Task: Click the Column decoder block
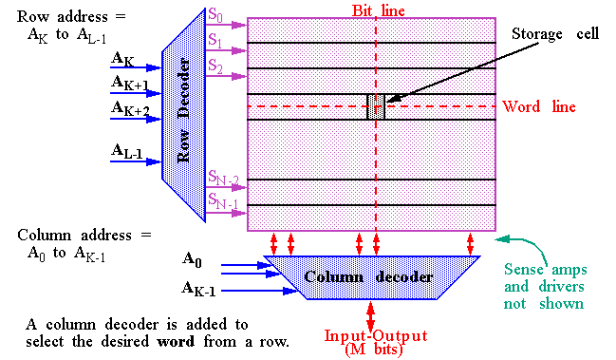[x=370, y=277]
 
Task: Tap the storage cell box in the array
[x=376, y=106]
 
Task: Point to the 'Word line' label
[x=539, y=106]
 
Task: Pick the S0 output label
[x=216, y=15]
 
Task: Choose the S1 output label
[x=216, y=42]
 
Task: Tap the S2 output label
[x=216, y=66]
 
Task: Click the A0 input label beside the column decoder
[x=193, y=257]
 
